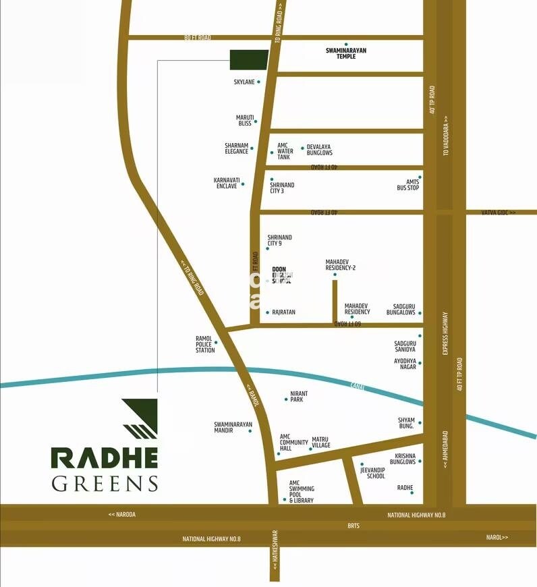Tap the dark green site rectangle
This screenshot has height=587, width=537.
click(x=248, y=59)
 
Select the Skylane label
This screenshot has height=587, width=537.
click(x=244, y=82)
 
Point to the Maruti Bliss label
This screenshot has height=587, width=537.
click(x=244, y=120)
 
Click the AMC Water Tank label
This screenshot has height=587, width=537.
click(x=284, y=152)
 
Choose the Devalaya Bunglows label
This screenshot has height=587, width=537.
click(x=319, y=150)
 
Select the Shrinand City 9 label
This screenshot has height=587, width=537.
click(x=279, y=240)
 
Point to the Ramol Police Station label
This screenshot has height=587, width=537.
click(x=204, y=343)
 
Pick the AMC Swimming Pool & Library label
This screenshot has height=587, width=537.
click(x=301, y=492)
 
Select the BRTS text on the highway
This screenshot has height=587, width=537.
click(x=354, y=525)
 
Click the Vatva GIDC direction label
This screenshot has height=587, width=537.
click(x=498, y=213)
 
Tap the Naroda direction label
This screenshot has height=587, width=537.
click(x=122, y=514)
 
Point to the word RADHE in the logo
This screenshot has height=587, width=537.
click(x=105, y=457)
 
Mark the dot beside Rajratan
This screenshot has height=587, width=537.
click(x=267, y=312)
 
